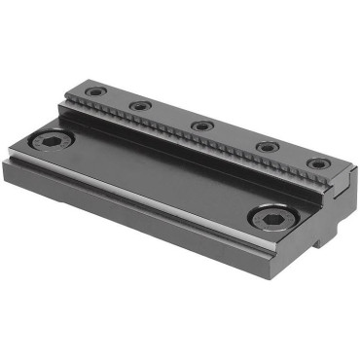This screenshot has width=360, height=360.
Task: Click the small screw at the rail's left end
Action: pos(94,92)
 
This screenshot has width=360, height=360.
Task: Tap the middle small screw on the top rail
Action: pos(202,126)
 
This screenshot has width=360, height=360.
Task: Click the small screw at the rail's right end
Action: pos(318,163)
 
